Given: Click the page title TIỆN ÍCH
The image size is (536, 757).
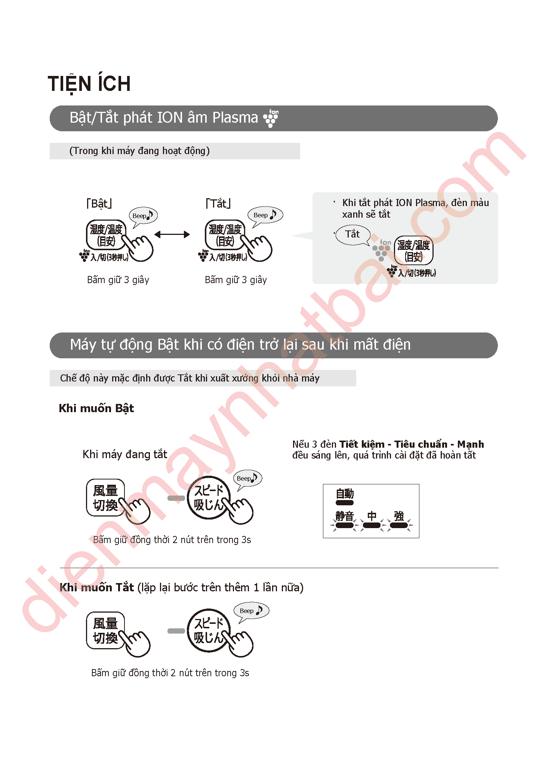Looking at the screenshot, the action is (89, 84).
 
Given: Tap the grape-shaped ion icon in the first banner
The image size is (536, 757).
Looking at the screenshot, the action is (271, 118).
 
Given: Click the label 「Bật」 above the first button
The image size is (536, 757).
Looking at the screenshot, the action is (99, 203).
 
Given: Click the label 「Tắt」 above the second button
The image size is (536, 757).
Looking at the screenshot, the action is (218, 203).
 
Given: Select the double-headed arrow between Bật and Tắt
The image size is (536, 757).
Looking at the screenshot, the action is (172, 235).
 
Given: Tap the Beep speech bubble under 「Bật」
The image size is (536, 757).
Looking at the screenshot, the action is (143, 217).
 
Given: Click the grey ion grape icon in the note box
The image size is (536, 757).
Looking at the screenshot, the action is (382, 250).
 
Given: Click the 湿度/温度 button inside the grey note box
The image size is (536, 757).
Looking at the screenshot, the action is (413, 251).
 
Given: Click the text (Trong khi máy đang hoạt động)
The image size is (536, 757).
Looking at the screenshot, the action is (139, 151).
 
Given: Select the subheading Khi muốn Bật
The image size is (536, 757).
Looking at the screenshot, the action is (96, 408).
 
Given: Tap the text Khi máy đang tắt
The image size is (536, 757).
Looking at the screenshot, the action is (125, 454).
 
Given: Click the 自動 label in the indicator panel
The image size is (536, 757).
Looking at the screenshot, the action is (345, 494).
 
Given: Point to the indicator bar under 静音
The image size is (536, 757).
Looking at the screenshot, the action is (344, 525).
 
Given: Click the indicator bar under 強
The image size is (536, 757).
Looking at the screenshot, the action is (399, 525).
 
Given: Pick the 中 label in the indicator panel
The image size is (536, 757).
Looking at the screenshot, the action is (372, 516).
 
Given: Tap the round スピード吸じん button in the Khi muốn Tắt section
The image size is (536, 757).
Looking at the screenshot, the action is (209, 631).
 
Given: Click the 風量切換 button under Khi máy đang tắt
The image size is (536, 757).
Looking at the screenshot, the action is (105, 498).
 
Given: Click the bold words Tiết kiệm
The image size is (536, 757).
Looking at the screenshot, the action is (362, 444).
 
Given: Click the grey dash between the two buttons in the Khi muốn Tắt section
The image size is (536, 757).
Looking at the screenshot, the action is (176, 631).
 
